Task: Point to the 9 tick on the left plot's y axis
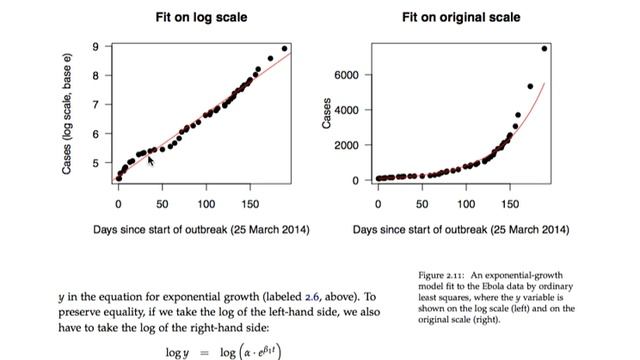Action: pyautogui.click(x=95, y=47)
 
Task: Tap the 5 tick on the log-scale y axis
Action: pyautogui.click(x=95, y=163)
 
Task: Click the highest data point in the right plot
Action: pyautogui.click(x=545, y=48)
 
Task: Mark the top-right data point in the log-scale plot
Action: pyautogui.click(x=284, y=48)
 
